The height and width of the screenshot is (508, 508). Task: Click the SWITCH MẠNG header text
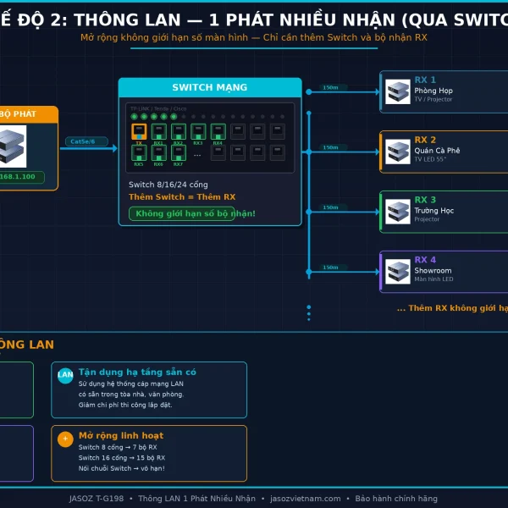point(210,87)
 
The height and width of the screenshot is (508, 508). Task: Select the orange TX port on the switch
point(139,131)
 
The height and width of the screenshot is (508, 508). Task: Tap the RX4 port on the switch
point(218,131)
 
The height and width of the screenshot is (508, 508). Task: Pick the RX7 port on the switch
point(178,152)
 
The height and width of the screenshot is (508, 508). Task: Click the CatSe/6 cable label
point(82,141)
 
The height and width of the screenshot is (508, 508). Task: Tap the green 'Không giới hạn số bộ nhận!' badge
point(195,213)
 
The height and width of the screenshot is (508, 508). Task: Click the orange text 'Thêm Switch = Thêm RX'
point(182,196)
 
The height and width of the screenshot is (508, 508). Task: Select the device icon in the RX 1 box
point(398,91)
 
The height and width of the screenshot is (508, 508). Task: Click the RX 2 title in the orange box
point(425,140)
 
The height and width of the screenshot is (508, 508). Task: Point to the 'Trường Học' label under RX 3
point(433,211)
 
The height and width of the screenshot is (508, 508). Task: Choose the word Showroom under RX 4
point(433,271)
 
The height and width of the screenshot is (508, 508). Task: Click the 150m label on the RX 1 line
point(330,87)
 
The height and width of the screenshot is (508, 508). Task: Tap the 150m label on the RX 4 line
point(330,268)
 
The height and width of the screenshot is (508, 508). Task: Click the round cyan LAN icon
point(65,375)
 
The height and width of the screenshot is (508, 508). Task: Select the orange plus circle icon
point(65,439)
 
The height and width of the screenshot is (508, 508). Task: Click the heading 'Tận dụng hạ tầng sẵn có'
point(137,372)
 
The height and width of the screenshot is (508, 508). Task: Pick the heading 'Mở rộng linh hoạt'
point(119,435)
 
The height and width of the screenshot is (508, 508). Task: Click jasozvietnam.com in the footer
point(306,499)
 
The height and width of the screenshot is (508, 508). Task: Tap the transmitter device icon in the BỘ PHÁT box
point(11,146)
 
